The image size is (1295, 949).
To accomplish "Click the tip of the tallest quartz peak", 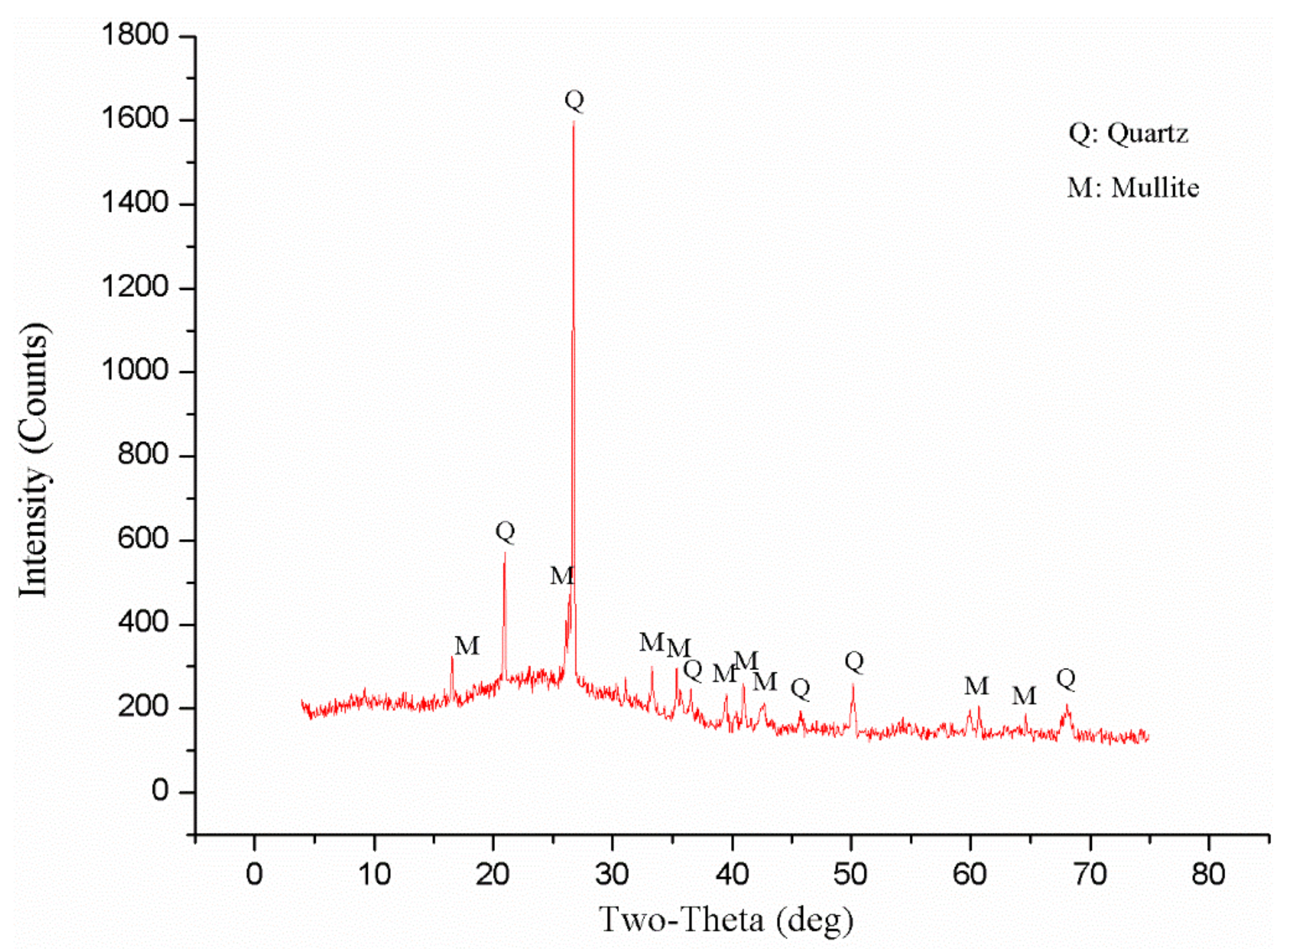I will [573, 122].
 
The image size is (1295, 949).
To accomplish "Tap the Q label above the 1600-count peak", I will [574, 100].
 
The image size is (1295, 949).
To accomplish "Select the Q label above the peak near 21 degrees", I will [505, 531].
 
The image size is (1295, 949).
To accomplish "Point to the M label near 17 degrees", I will [466, 646].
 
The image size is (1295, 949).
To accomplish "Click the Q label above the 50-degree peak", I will [854, 662].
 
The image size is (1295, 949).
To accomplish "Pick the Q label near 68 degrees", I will [1066, 679].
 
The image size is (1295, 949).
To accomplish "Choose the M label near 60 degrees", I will [976, 686].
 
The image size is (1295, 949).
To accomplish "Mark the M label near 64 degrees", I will [1024, 696].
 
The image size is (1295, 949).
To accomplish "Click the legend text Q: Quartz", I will [1128, 133].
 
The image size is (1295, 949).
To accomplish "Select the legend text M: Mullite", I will [1133, 188].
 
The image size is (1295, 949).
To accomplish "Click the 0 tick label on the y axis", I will [159, 791].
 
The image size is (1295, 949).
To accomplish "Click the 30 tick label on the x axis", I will [612, 874].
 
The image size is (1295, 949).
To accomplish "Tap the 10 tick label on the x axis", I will [374, 874].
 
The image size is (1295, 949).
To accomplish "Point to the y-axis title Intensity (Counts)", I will [33, 460].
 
